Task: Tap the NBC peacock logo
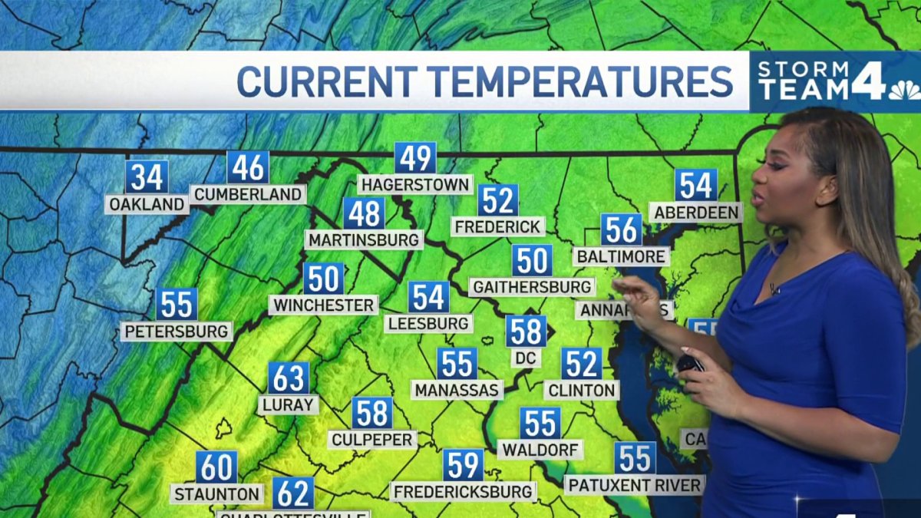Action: click(904, 90)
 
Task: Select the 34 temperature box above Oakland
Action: click(147, 177)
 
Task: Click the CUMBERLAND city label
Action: click(248, 195)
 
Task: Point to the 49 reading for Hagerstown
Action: click(416, 158)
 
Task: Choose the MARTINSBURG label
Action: click(365, 239)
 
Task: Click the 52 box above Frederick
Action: click(498, 200)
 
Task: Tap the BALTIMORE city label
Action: click(621, 256)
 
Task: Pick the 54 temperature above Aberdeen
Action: click(695, 185)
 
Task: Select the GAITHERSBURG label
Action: click(533, 287)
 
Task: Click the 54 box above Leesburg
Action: click(428, 297)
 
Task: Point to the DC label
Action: click(527, 358)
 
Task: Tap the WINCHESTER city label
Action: click(323, 305)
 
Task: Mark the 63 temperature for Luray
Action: click(289, 378)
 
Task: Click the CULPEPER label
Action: click(372, 440)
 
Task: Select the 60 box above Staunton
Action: click(216, 467)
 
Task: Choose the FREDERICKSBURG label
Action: click(463, 491)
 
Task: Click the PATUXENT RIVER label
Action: click(635, 485)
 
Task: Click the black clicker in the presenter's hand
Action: click(690, 364)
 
